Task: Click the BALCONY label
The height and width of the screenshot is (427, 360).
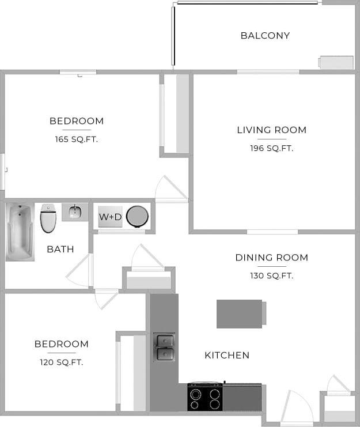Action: click(x=265, y=36)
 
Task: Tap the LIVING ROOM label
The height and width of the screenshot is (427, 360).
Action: click(x=272, y=130)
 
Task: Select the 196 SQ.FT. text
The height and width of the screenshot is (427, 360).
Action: click(x=272, y=148)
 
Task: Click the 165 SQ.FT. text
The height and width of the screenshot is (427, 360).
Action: click(x=77, y=139)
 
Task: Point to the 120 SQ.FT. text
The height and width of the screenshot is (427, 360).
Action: click(x=62, y=362)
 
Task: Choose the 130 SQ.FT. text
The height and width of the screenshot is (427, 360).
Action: click(x=272, y=276)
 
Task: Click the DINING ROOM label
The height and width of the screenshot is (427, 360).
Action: click(x=272, y=258)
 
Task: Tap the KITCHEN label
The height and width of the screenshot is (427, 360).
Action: click(x=227, y=356)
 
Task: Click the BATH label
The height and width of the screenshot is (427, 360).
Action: click(x=60, y=250)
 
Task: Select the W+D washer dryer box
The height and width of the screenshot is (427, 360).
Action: click(x=110, y=217)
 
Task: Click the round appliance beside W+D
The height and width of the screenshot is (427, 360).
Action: click(x=138, y=217)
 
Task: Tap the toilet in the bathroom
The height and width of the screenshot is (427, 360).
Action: click(x=48, y=218)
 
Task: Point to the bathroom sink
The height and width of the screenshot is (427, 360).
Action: click(x=75, y=212)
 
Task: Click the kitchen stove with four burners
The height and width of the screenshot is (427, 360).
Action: click(x=206, y=397)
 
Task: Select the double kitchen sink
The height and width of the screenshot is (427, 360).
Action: click(x=164, y=347)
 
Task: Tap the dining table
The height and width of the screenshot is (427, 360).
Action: click(x=240, y=313)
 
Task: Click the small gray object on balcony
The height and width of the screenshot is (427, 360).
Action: click(x=336, y=63)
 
